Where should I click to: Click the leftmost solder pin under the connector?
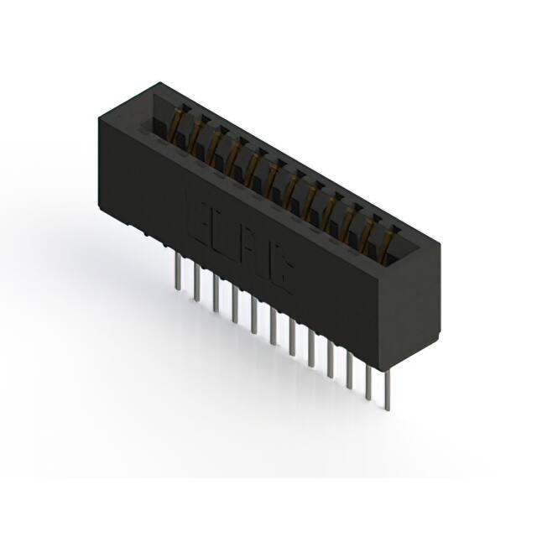click(177, 272)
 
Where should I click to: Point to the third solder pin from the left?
click(216, 293)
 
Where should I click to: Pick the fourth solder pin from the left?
click(235, 304)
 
